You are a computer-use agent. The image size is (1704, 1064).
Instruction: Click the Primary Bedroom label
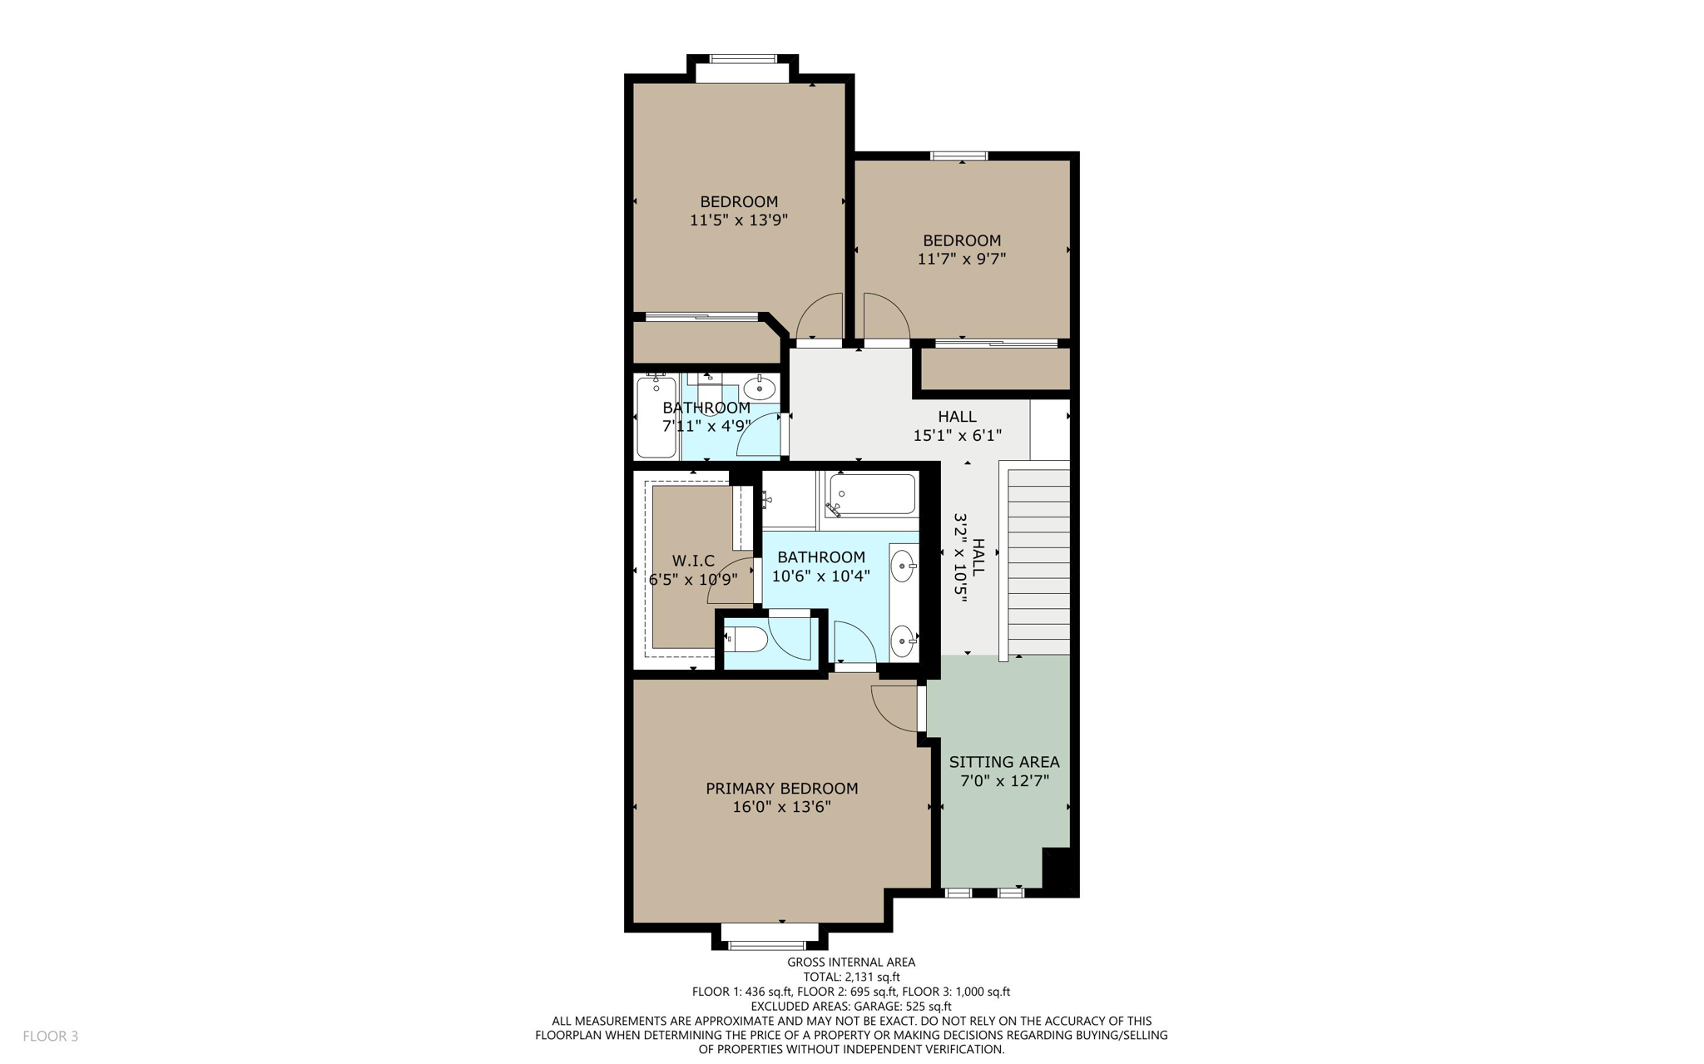pos(781,788)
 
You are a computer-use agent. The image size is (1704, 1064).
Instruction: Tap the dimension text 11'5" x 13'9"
pos(738,220)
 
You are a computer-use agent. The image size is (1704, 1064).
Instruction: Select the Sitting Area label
pos(1003,762)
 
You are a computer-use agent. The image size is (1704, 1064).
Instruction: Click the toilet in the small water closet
pos(747,640)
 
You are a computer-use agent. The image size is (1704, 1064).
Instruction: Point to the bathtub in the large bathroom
pos(872,495)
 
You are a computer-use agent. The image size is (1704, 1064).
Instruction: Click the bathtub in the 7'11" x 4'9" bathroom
pos(656,418)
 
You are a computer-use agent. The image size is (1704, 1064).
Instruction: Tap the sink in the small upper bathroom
pos(759,388)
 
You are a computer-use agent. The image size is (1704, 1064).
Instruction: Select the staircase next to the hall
pos(1038,562)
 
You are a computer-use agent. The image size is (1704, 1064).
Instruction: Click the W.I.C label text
pos(693,562)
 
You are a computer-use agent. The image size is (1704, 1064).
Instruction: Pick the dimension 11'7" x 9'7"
pos(961,259)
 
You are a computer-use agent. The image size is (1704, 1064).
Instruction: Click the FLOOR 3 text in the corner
pos(50,1036)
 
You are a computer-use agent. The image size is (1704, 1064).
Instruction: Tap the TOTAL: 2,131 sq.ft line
pos(851,977)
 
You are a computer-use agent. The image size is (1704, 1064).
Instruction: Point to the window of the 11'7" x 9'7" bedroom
pos(958,156)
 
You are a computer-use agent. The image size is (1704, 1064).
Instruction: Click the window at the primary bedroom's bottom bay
pos(767,945)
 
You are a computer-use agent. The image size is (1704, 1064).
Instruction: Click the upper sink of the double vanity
pos(902,567)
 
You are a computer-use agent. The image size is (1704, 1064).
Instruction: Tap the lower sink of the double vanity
pos(902,641)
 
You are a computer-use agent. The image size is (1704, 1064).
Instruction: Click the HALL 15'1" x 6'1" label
pos(957,425)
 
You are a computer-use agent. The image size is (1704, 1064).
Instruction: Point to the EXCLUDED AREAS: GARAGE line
pos(851,1007)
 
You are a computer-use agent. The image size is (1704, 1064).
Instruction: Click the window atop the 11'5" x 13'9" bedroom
pos(742,59)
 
